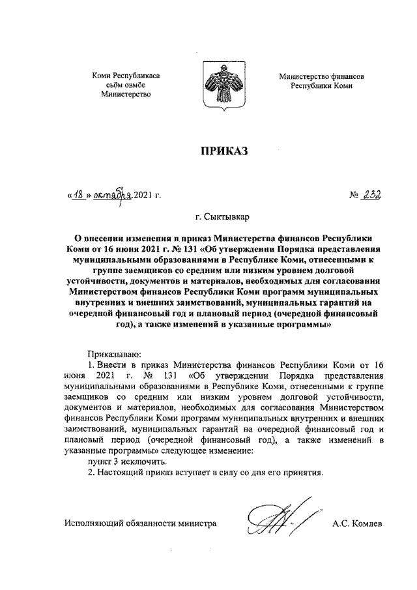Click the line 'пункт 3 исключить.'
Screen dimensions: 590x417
[122, 460]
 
